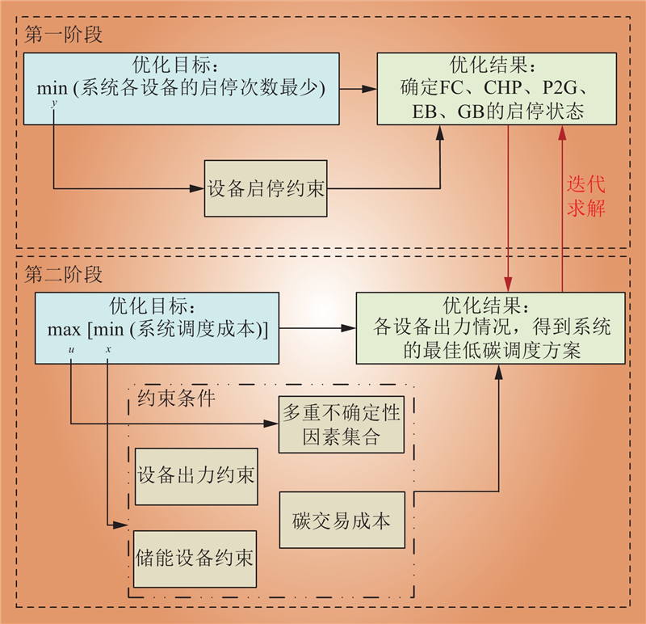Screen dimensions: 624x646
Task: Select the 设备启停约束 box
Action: [266, 189]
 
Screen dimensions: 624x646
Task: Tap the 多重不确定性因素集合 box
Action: [342, 426]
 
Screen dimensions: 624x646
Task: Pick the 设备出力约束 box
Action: [196, 476]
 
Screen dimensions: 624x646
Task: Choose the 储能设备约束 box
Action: [196, 559]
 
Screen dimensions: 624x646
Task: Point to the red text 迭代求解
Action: [585, 195]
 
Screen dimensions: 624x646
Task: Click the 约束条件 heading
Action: [176, 398]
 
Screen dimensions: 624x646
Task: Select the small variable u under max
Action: [71, 348]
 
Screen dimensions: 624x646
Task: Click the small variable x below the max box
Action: [108, 348]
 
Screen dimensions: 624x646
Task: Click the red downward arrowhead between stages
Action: [509, 286]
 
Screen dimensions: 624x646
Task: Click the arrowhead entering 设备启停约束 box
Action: [197, 189]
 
